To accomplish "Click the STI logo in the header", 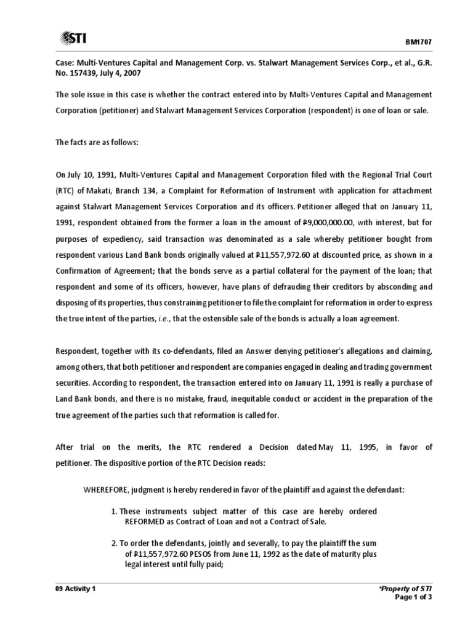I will pos(73,39).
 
